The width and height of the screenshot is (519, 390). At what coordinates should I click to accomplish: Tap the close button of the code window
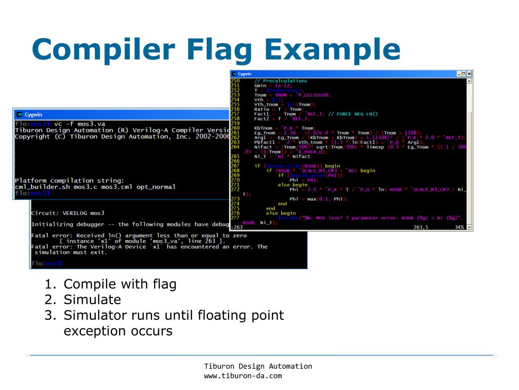pos(469,74)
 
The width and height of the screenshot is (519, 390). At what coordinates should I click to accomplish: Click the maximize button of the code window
pos(464,74)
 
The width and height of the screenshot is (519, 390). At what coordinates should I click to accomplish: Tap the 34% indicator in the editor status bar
pos(459,227)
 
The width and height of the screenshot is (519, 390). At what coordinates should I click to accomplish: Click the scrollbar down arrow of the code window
pos(469,227)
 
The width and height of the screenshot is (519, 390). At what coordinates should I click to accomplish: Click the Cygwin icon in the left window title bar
pos(19,114)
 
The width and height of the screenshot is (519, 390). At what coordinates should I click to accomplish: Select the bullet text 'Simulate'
pos(92,299)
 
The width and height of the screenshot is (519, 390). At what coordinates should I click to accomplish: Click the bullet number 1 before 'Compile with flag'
pos(49,284)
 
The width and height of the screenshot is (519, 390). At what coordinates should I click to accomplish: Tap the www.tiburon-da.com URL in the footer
pos(243,376)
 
